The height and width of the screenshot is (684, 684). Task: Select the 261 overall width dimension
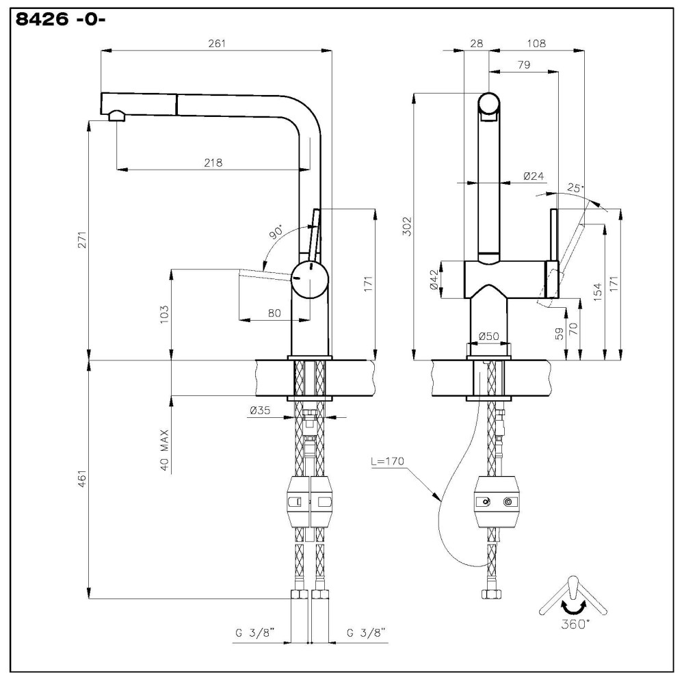216,44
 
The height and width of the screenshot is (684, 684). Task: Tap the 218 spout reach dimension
213,163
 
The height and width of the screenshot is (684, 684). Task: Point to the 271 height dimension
83,239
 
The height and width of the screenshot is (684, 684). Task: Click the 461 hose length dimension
83,479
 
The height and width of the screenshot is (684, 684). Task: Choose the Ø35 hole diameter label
261,411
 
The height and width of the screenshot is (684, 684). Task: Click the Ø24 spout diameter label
534,176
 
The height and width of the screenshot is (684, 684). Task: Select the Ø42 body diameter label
434,280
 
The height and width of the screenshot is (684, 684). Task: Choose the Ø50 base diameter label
488,337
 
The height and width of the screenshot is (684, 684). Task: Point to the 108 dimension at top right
536,44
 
